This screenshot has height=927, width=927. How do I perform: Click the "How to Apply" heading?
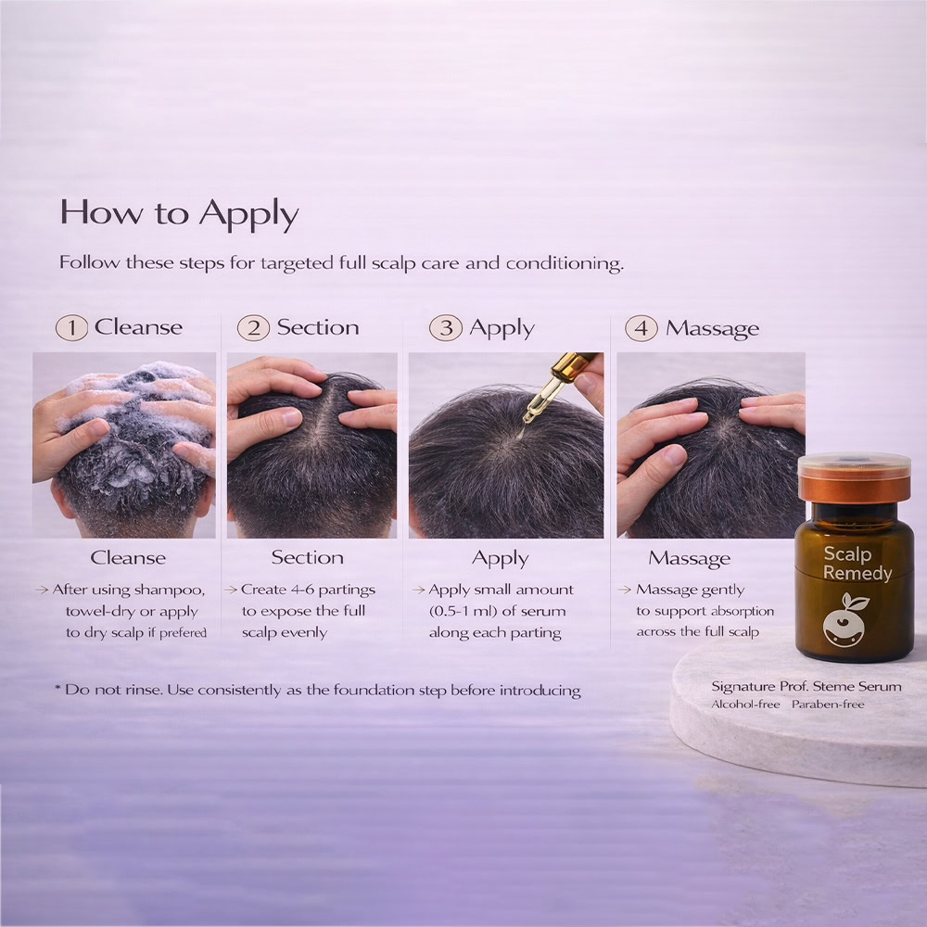click(x=179, y=213)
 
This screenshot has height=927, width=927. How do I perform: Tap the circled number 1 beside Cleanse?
click(x=71, y=327)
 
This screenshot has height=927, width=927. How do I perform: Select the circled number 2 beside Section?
click(x=254, y=327)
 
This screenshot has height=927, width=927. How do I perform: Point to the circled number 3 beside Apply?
click(x=446, y=327)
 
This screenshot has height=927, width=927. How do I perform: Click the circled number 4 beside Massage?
click(x=641, y=328)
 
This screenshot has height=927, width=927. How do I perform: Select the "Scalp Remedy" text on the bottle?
click(x=857, y=564)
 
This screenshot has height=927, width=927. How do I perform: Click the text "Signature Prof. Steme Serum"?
click(x=806, y=686)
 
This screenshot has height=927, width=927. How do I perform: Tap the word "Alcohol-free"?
click(x=745, y=705)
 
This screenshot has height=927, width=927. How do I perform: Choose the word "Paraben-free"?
click(x=828, y=705)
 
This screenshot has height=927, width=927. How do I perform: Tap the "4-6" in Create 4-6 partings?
click(x=302, y=590)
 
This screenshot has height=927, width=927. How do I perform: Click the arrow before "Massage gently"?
click(x=624, y=590)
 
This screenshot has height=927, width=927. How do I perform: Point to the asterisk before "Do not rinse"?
click(x=57, y=689)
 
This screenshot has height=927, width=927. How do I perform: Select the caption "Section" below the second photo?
click(x=308, y=557)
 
